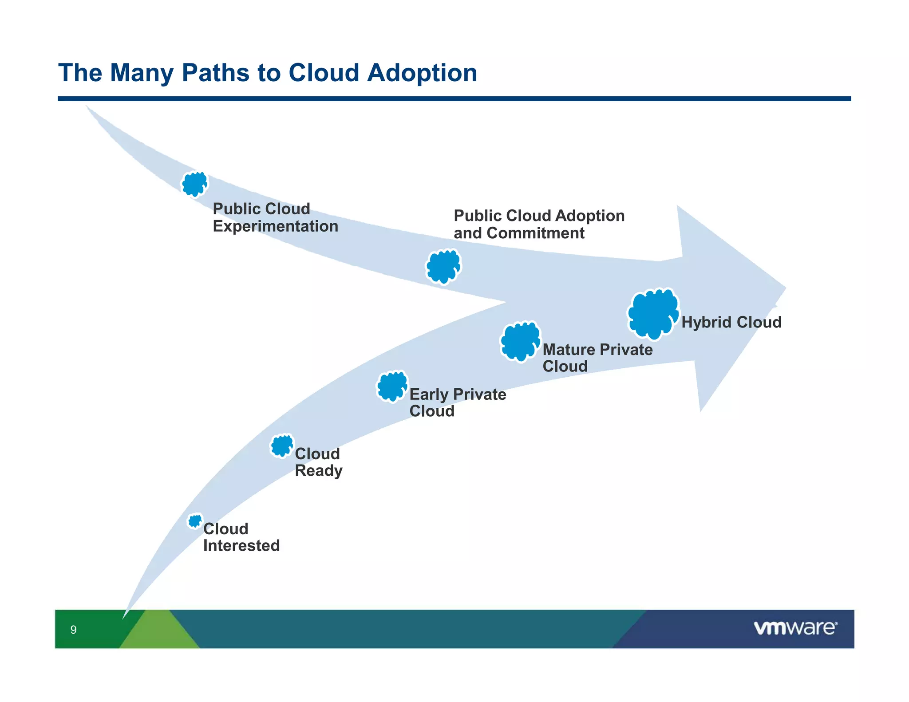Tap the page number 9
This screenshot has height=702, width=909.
[74, 630]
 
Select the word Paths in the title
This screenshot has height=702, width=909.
[215, 72]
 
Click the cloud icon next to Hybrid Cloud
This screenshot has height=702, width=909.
[653, 314]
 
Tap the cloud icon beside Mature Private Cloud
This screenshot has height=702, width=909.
[521, 341]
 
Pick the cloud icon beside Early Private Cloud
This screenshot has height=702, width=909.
[392, 386]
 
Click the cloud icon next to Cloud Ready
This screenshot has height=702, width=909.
[282, 446]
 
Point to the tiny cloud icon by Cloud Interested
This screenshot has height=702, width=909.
[195, 521]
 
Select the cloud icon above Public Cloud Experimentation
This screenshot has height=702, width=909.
[194, 184]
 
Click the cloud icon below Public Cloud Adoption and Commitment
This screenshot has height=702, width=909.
[443, 266]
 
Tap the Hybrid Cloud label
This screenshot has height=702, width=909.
[731, 322]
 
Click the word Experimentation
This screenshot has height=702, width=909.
[275, 226]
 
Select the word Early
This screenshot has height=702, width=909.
[429, 394]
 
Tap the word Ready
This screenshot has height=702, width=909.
[318, 471]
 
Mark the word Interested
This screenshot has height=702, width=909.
[241, 546]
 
